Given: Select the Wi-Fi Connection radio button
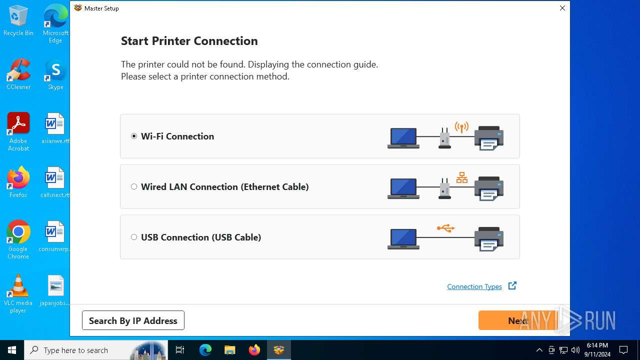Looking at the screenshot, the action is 133,136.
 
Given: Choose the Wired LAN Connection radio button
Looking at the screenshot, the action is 133,187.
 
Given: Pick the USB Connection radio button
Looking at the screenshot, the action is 133,237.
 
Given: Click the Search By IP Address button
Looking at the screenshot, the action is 133,320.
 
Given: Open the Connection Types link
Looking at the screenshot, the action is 474,286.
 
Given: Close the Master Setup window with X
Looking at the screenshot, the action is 562,8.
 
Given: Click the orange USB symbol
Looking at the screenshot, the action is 445,228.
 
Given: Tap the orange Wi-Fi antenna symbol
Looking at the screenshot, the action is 461,127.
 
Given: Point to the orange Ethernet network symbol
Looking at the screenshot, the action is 461,177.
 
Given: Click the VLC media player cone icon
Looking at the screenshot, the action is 18,285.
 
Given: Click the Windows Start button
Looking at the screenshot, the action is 11,350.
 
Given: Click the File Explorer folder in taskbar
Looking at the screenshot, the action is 229,350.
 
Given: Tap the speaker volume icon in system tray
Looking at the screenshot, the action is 575,350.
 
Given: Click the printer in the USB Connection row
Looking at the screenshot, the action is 489,239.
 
